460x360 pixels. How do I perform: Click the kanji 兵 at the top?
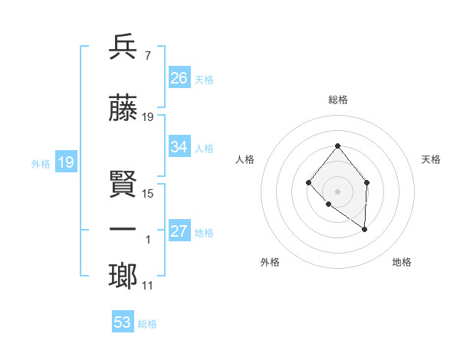(123, 47)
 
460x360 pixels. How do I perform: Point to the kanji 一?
(123, 231)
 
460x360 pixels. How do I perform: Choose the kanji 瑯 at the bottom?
(123, 277)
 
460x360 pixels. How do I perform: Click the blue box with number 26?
(179, 78)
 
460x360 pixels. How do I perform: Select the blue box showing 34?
(179, 147)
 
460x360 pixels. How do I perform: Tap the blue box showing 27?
(179, 231)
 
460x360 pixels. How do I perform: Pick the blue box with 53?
(123, 322)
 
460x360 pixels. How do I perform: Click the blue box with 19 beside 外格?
(66, 162)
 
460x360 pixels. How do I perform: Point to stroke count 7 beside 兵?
(147, 56)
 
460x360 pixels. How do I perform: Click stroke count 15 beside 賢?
(148, 194)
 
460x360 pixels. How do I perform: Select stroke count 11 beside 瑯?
(148, 286)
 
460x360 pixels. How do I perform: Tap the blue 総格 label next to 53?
(147, 324)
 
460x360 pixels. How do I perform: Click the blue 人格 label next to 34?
(204, 148)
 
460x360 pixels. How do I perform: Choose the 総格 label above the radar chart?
(337, 100)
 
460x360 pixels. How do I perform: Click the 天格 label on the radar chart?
(432, 159)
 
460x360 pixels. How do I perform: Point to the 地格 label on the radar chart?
(402, 262)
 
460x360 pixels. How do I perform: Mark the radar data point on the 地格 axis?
(365, 229)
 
